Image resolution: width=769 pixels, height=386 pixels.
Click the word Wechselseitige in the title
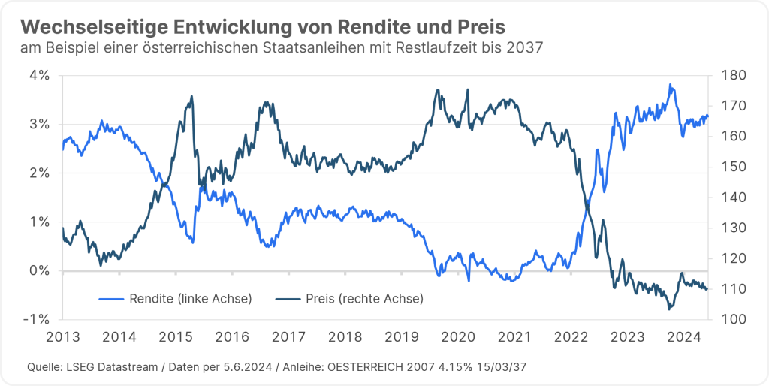pyautogui.click(x=89, y=26)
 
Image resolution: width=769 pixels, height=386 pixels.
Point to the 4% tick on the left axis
pyautogui.click(x=40, y=75)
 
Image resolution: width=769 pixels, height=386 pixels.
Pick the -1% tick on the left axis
pyautogui.click(x=38, y=319)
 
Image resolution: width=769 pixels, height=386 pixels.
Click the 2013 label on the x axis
pyautogui.click(x=63, y=336)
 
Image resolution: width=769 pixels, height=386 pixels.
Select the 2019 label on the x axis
pyautogui.click(x=400, y=336)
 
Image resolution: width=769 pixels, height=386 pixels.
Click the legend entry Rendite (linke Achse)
pyautogui.click(x=176, y=299)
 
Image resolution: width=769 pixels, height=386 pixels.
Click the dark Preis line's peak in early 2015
pyautogui.click(x=191, y=96)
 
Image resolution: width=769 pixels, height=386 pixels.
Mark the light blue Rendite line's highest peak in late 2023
pyautogui.click(x=670, y=85)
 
